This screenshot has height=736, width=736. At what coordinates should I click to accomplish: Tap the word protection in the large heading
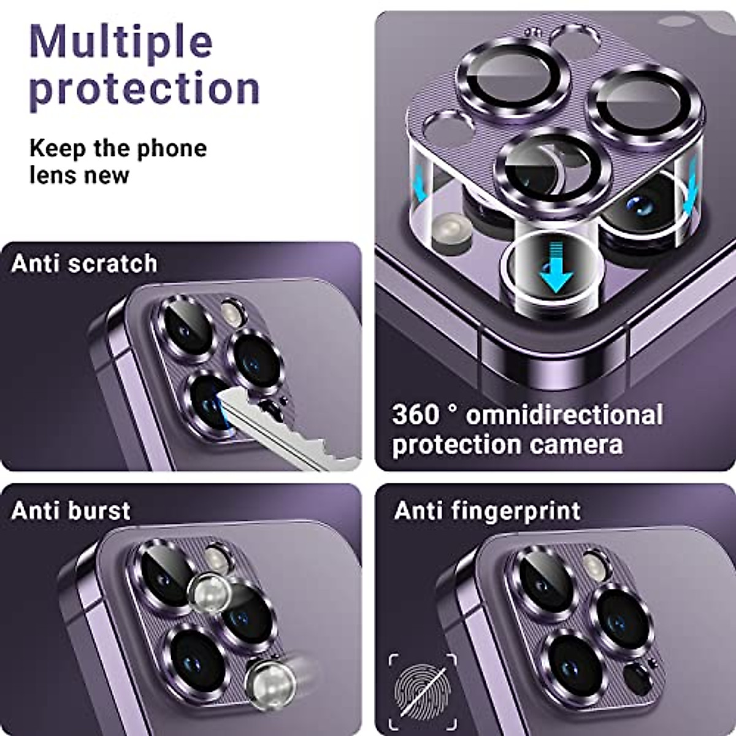click(x=145, y=88)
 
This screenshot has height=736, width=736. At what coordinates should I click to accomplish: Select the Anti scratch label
click(x=84, y=264)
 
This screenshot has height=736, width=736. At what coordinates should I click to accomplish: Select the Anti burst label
click(x=71, y=510)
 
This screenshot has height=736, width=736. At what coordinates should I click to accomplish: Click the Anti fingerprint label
click(x=488, y=510)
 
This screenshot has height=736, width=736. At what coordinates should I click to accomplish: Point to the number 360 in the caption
click(x=415, y=415)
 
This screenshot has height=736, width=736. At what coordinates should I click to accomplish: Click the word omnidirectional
click(x=564, y=415)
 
